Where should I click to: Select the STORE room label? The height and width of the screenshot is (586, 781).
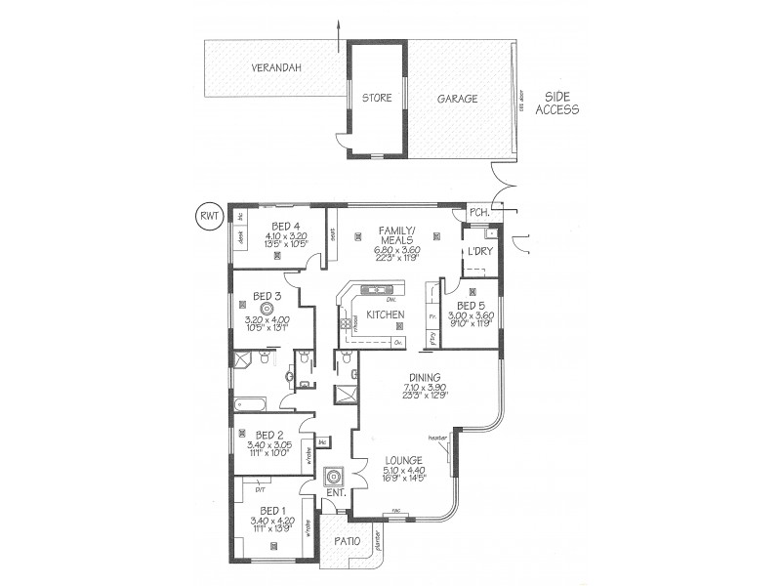pos(377,99)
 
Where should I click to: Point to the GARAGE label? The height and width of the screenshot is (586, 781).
pos(457,99)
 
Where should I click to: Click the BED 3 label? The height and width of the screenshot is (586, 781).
pos(267,296)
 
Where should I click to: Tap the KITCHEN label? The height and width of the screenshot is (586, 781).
pos(386,314)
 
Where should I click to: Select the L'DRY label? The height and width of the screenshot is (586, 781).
pos(479,252)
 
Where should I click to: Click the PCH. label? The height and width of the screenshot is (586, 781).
pos(478,213)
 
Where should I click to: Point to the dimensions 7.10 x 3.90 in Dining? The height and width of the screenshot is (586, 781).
pos(426,387)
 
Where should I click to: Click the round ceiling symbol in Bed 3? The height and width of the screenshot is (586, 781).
pos(267,309)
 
